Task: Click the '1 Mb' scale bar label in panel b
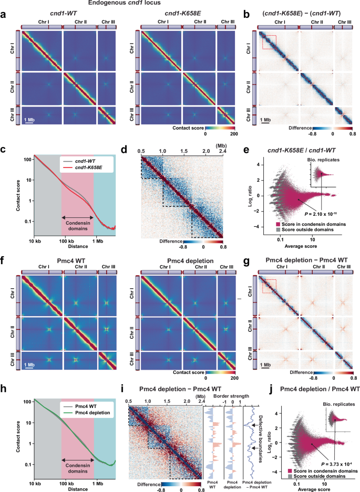pos(268,119)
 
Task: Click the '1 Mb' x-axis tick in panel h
pos(98,482)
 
